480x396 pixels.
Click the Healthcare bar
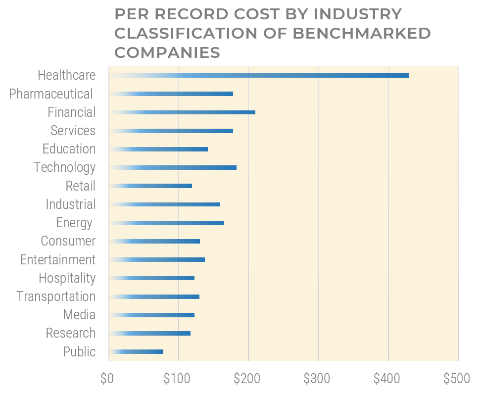tap(258, 75)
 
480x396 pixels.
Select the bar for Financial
tap(182, 112)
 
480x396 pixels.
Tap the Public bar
tap(136, 352)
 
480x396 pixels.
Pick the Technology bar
tap(172, 168)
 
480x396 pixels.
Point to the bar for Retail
tap(150, 186)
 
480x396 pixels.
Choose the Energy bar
tap(166, 223)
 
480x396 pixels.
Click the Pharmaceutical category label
tap(51, 94)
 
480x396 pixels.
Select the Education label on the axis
tap(69, 149)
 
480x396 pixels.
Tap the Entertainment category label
tap(57, 260)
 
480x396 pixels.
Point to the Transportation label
tap(56, 297)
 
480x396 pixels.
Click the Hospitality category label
tap(67, 278)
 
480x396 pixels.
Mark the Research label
tap(70, 333)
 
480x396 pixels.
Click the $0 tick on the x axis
tap(107, 379)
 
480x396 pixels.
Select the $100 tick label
tap(176, 379)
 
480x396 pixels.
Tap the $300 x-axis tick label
tap(316, 379)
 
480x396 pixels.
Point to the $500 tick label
tap(456, 379)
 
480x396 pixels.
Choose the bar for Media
tap(151, 315)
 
